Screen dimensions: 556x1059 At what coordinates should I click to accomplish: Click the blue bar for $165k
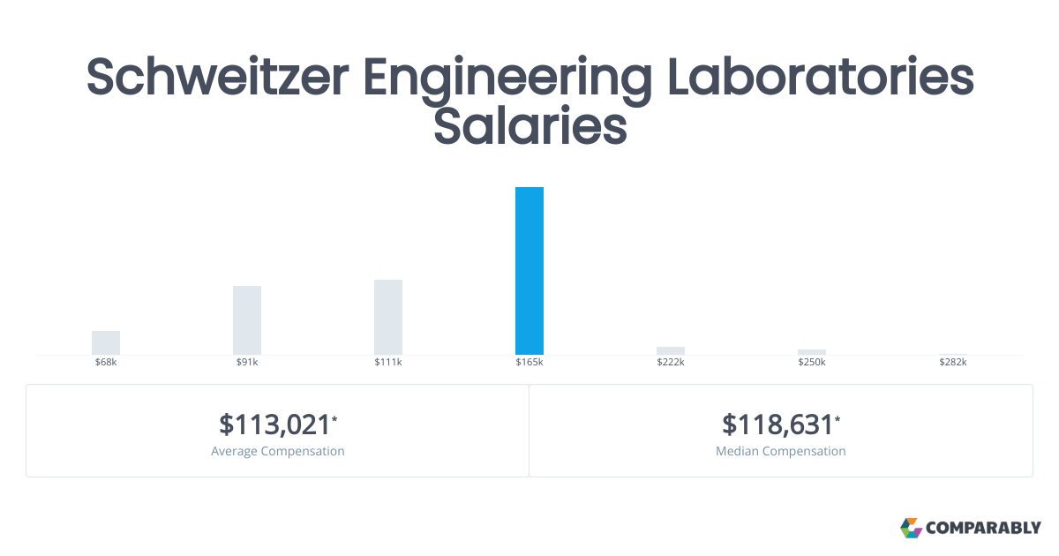tap(529, 271)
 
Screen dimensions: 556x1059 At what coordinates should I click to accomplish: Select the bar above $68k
tap(106, 342)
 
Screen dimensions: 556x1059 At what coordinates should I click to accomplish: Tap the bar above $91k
tap(247, 320)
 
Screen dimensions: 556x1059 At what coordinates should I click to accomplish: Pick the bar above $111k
tap(388, 317)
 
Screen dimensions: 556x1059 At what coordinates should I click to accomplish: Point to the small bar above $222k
tap(671, 350)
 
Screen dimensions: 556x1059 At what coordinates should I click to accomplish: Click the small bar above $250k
tap(812, 352)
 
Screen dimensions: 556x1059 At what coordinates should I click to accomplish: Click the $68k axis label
tap(106, 363)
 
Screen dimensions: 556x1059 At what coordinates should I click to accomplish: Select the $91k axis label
tap(247, 363)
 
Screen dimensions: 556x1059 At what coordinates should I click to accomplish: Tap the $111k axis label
tap(388, 363)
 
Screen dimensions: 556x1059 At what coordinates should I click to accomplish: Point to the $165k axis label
tap(529, 363)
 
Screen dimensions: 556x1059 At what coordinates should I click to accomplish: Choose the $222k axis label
tap(671, 363)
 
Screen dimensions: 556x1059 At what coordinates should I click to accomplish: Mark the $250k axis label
tap(812, 363)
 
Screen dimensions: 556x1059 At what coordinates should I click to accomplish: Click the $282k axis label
tap(953, 363)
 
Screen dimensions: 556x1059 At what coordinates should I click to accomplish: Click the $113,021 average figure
tap(275, 425)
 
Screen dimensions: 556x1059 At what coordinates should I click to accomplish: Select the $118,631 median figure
tap(778, 425)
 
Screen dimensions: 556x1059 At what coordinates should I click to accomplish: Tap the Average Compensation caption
tap(278, 451)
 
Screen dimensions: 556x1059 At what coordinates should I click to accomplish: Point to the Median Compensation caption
tap(781, 451)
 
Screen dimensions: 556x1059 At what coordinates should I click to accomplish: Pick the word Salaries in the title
tap(529, 126)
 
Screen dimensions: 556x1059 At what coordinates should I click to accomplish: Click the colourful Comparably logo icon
tap(911, 528)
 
